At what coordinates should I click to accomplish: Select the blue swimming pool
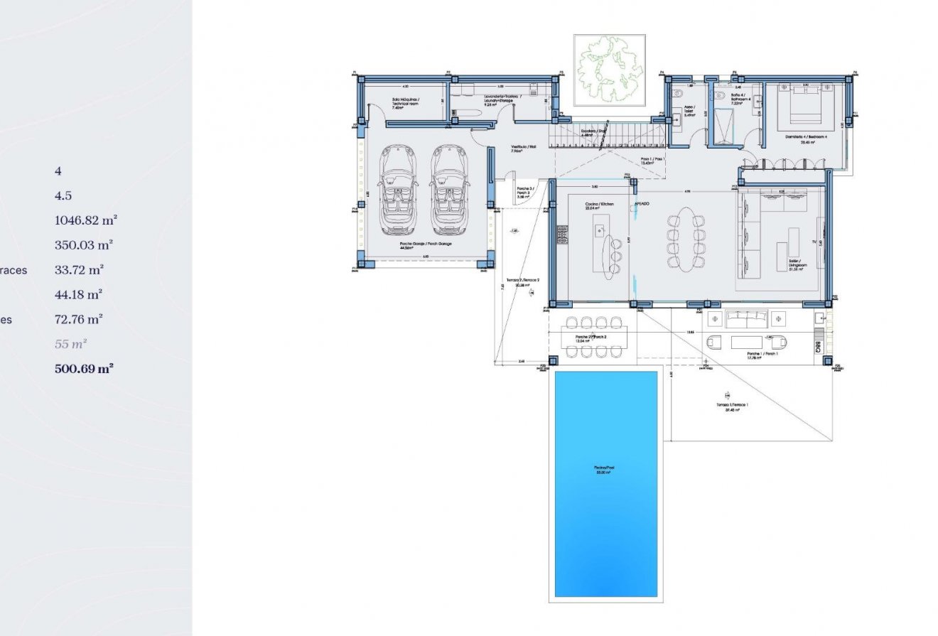pyautogui.click(x=605, y=483)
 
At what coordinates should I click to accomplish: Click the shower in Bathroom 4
pyautogui.click(x=726, y=126)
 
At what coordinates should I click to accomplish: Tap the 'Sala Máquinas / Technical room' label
pyautogui.click(x=405, y=102)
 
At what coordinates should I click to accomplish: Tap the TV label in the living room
pyautogui.click(x=814, y=242)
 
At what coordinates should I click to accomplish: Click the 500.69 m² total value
pyautogui.click(x=84, y=369)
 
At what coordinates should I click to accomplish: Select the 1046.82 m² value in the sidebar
pyautogui.click(x=85, y=220)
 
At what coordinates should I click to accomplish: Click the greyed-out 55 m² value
pyautogui.click(x=70, y=344)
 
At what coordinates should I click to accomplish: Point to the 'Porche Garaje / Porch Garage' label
pyautogui.click(x=425, y=245)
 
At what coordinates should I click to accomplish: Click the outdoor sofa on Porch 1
pyautogui.click(x=750, y=318)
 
